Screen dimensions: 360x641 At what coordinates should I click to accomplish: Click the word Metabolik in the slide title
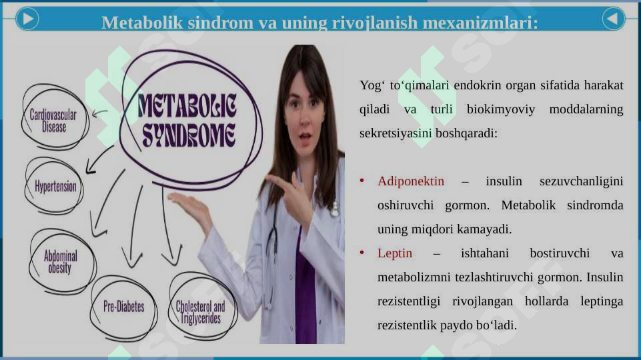[x=136, y=23]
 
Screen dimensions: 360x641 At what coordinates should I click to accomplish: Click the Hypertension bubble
[x=55, y=185]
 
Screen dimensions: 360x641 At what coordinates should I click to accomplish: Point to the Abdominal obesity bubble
[x=61, y=261]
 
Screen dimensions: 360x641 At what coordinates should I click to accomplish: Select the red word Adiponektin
[x=411, y=181]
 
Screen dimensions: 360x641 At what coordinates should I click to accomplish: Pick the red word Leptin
[x=395, y=253]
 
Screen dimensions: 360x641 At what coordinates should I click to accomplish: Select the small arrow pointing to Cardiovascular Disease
[x=100, y=113]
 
